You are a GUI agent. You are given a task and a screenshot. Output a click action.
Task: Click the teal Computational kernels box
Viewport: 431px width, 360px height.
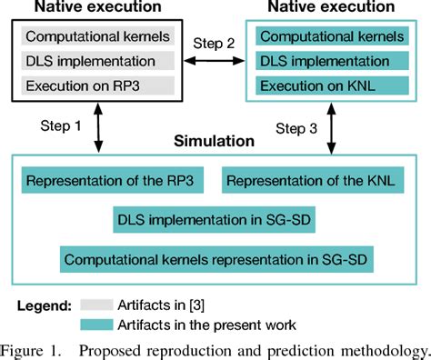pos(332,38)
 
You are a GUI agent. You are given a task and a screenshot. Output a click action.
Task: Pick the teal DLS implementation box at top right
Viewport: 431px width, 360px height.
pos(332,63)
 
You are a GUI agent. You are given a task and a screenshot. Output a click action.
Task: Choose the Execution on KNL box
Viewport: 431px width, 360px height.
pos(332,87)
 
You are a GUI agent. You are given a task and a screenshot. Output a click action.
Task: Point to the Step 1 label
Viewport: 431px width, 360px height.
pos(62,125)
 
